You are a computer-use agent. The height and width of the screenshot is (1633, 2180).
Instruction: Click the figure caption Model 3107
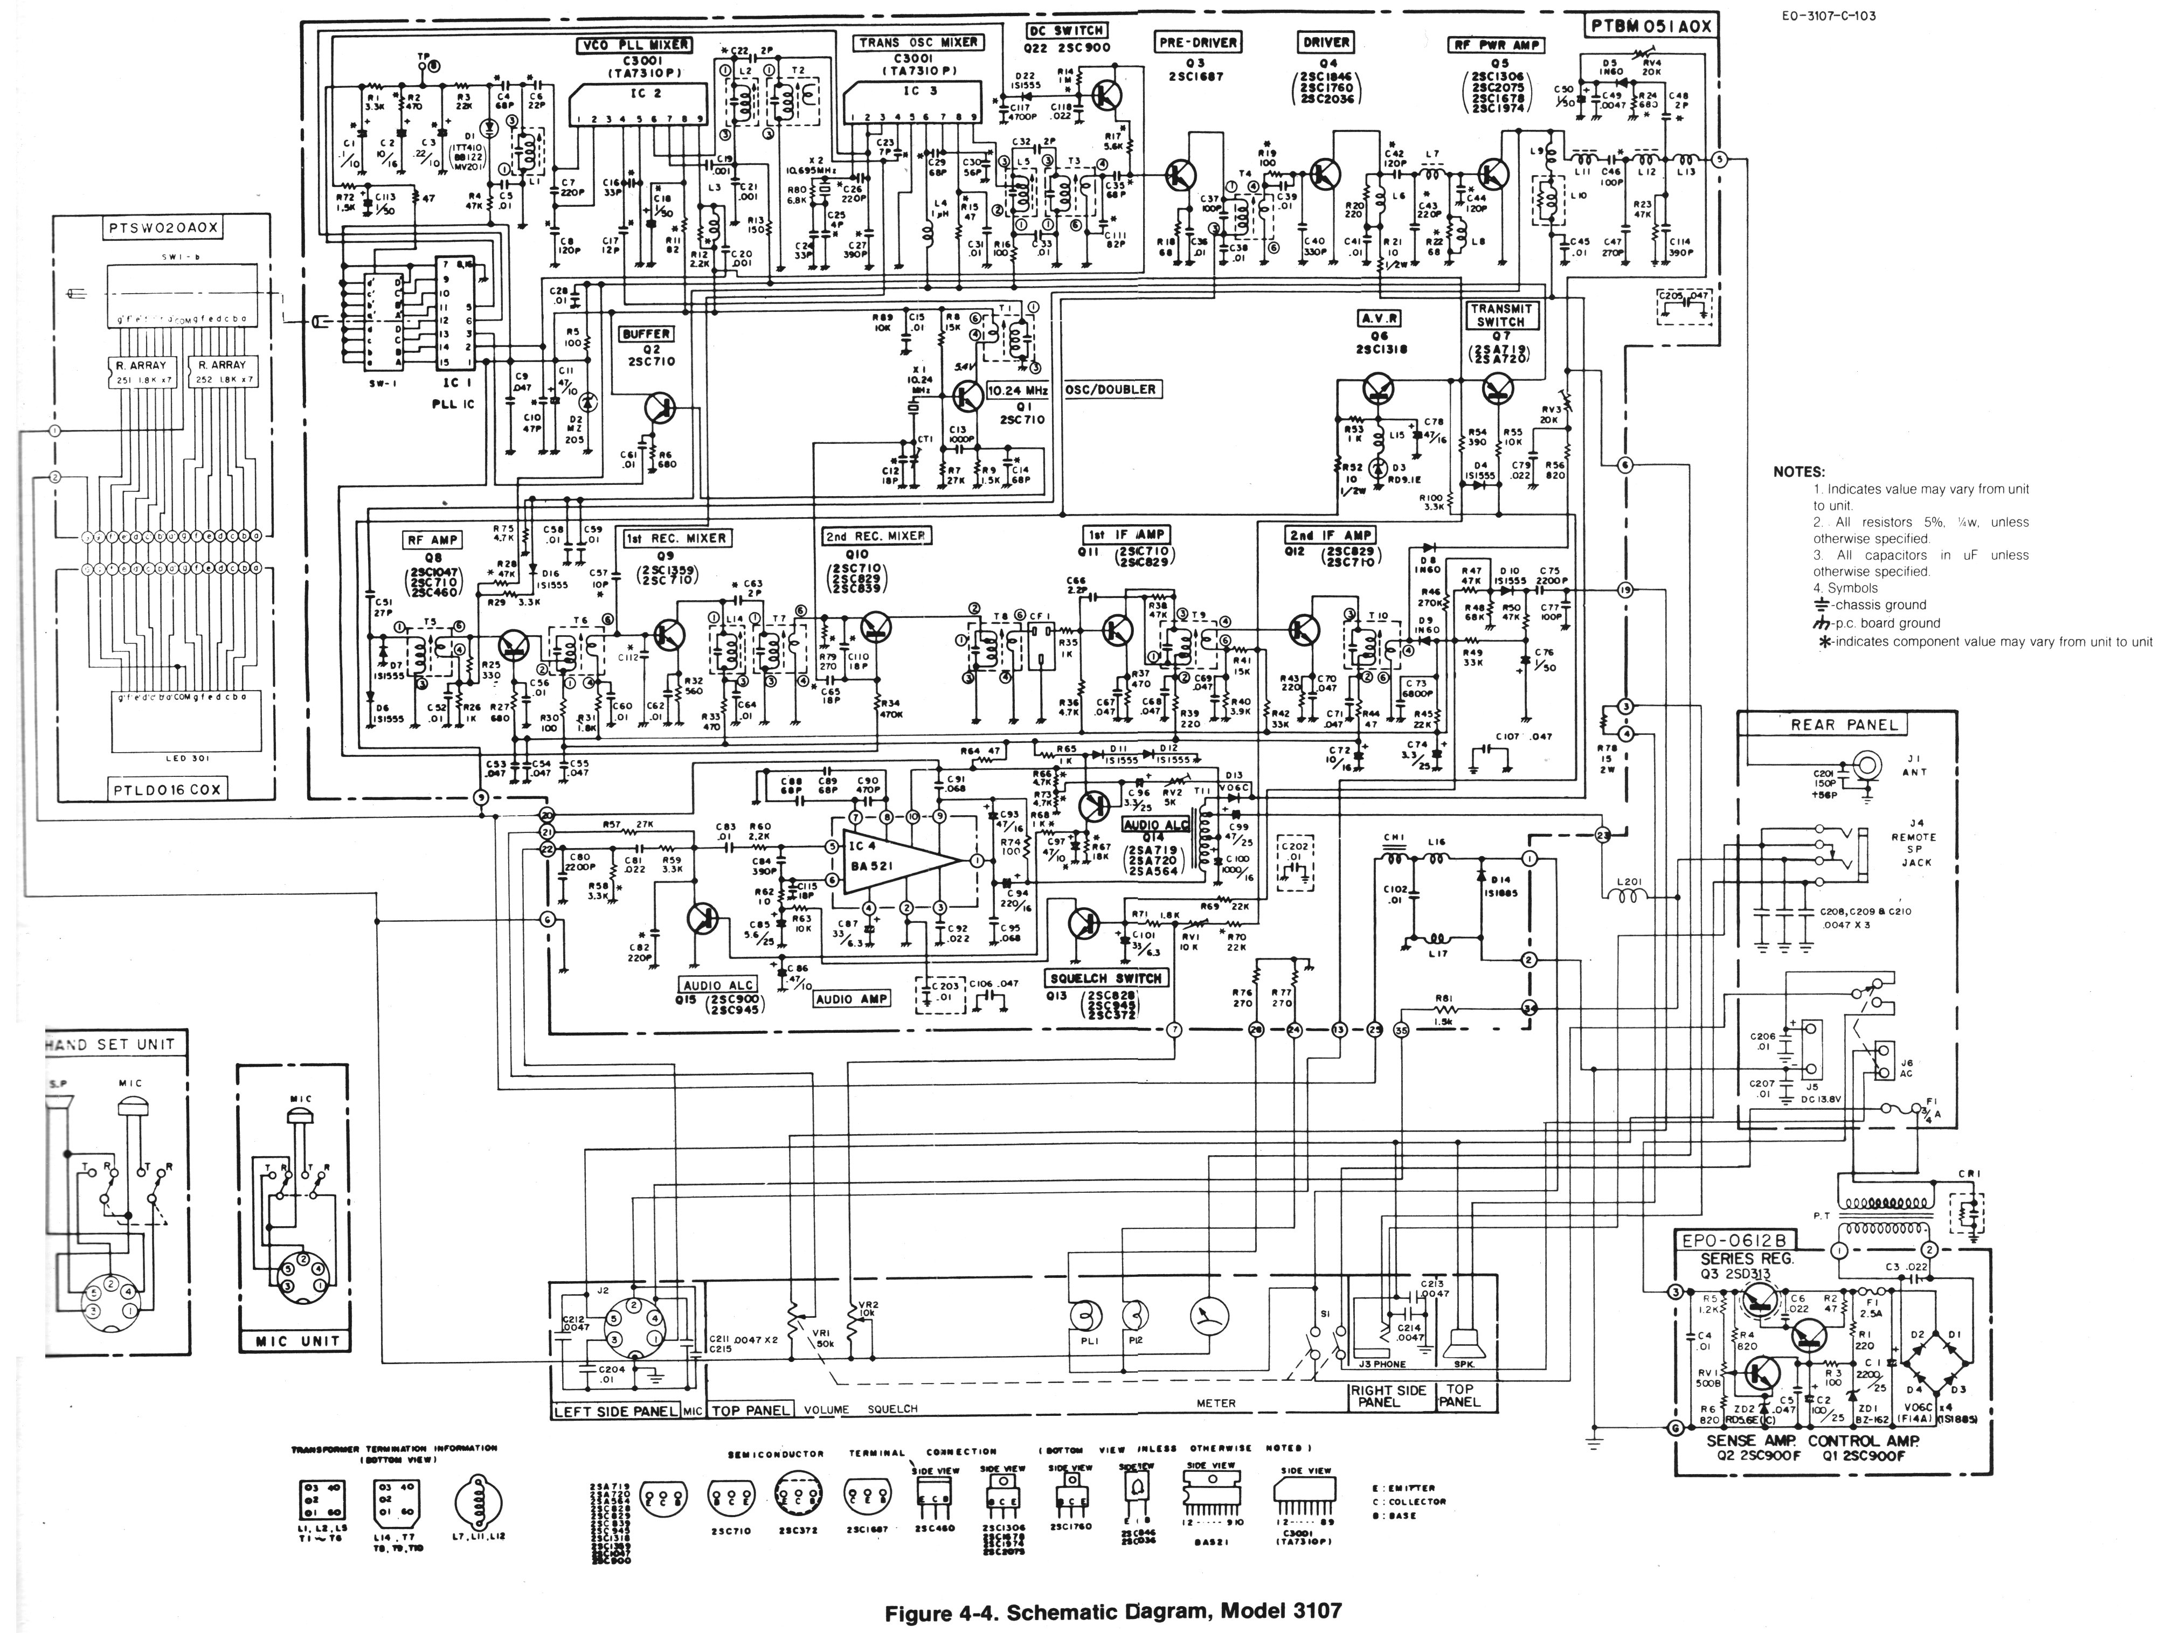[1113, 1613]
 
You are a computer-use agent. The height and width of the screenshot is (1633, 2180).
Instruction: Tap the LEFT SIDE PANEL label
[615, 1411]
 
